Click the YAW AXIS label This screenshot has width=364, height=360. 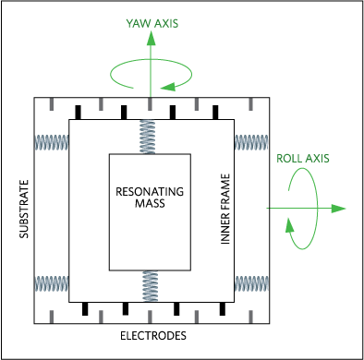pyautogui.click(x=152, y=24)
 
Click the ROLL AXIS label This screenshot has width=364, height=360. pyautogui.click(x=303, y=159)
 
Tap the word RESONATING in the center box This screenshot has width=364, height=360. pyautogui.click(x=150, y=192)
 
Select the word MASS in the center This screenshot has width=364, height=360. pyautogui.click(x=150, y=203)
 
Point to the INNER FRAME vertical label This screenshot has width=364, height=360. pyautogui.click(x=225, y=210)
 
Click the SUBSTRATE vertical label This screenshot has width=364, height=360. pyautogui.click(x=24, y=210)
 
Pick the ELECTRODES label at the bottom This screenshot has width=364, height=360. pyautogui.click(x=153, y=336)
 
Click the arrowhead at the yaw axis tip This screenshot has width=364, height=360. pyautogui.click(x=151, y=38)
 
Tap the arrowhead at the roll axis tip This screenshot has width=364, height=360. pyautogui.click(x=339, y=209)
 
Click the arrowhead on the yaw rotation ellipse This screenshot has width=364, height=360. pyautogui.click(x=168, y=87)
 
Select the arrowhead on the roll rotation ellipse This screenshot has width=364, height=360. pyautogui.click(x=289, y=225)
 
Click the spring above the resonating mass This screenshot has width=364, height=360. pyautogui.click(x=148, y=137)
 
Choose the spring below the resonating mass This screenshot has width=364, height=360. pyautogui.click(x=151, y=286)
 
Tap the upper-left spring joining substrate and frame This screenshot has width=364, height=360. pyautogui.click(x=51, y=142)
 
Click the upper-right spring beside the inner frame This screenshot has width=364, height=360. pyautogui.click(x=251, y=142)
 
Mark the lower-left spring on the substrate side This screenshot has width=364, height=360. pyautogui.click(x=51, y=283)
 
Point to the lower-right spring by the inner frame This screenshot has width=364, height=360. pyautogui.click(x=251, y=283)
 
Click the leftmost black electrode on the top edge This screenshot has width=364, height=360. pyautogui.click(x=79, y=113)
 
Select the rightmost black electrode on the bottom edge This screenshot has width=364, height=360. pyautogui.click(x=223, y=308)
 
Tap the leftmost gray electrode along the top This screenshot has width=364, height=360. pyautogui.click(x=52, y=104)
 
